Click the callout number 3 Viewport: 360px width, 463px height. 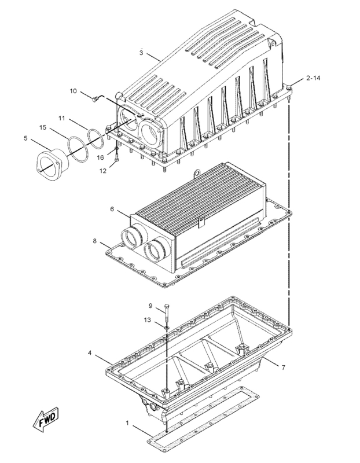pos(141,53)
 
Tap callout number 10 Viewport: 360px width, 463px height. pos(74,91)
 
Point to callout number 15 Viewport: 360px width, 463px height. pos(43,127)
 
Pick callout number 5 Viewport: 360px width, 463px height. pos(25,138)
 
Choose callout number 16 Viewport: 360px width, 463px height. pos(100,157)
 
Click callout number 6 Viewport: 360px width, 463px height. pos(112,208)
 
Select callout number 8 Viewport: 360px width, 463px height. pos(95,241)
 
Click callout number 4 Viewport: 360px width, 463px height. pos(90,352)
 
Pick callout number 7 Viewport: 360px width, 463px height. pos(282,367)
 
